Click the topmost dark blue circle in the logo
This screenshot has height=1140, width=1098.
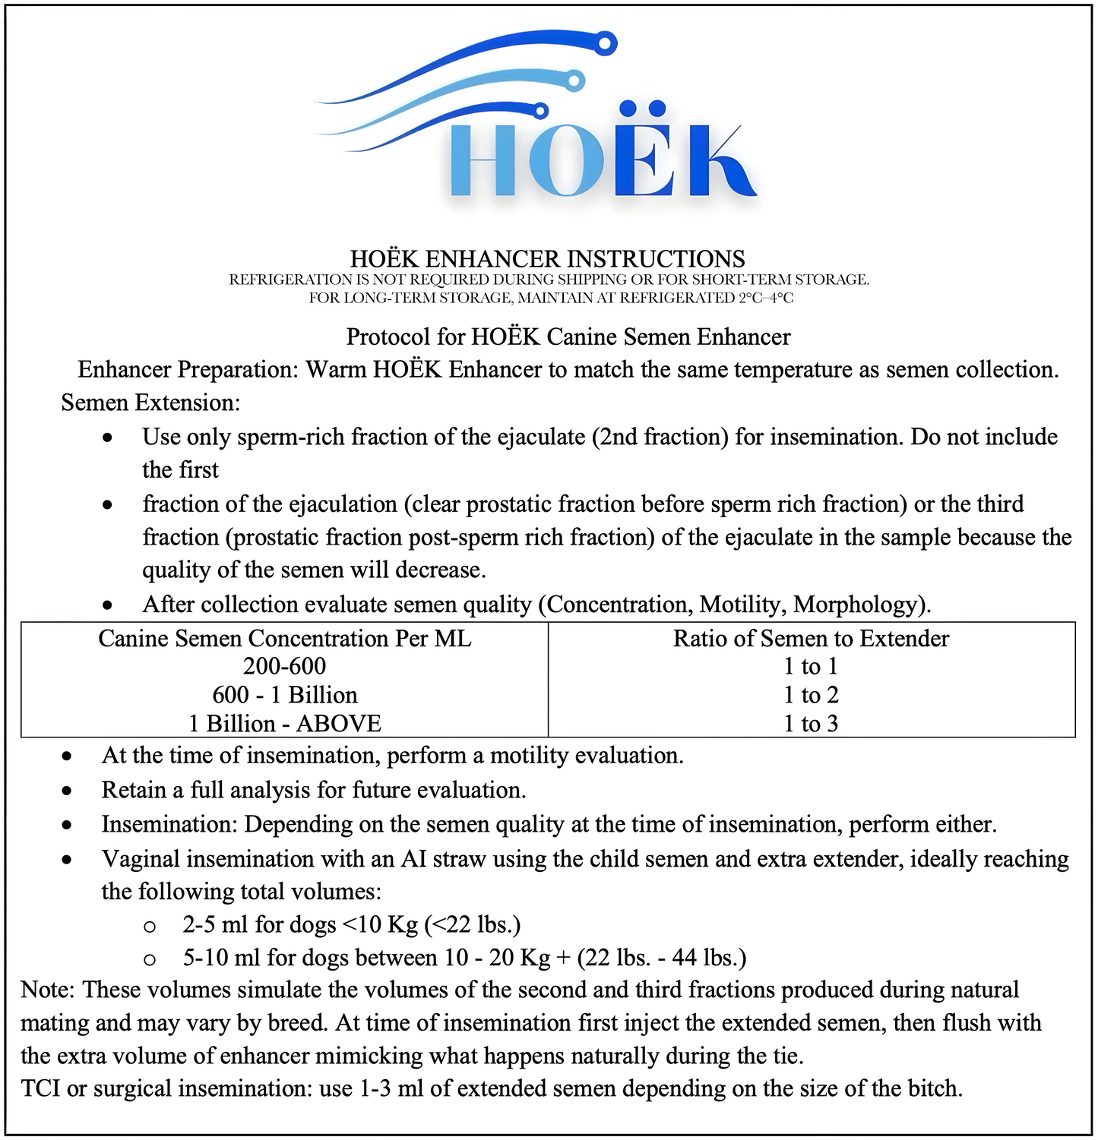click(x=605, y=44)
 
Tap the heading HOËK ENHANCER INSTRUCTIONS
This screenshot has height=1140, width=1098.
click(x=547, y=259)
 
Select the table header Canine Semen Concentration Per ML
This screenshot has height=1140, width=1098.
click(x=284, y=638)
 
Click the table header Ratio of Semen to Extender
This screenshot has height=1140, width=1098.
click(x=811, y=638)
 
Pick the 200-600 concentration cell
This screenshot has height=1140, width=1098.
click(x=284, y=666)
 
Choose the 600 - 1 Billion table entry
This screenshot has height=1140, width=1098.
click(x=284, y=695)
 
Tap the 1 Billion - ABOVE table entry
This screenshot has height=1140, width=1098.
click(x=284, y=723)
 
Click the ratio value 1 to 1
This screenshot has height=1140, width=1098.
click(x=811, y=666)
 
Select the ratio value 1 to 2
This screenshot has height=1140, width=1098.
click(x=811, y=695)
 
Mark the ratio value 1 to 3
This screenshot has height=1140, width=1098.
click(x=811, y=723)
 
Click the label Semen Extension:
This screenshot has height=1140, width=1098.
click(x=150, y=402)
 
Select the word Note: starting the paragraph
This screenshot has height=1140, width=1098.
click(x=49, y=990)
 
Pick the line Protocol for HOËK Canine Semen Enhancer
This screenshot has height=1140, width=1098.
click(x=568, y=336)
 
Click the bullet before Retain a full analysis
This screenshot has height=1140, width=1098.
click(x=68, y=791)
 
